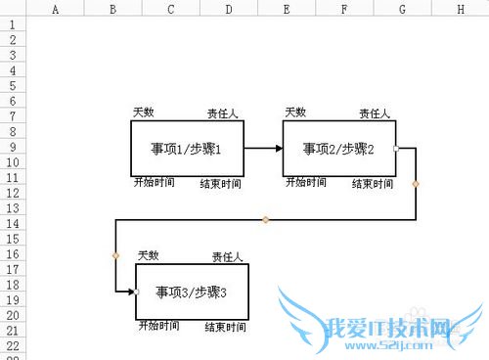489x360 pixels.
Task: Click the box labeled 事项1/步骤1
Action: coord(187,149)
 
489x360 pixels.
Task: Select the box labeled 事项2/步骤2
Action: coord(338,149)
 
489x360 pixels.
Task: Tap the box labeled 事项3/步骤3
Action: coord(192,292)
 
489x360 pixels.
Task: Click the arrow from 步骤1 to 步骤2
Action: coord(263,149)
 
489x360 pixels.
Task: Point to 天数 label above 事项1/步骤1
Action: coord(144,112)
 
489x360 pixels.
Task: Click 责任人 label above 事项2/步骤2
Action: coord(375,113)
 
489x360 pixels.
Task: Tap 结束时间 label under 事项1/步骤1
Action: coord(220,184)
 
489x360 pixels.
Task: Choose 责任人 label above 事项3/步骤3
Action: coord(227,257)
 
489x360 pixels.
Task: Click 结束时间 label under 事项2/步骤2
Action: coord(373,184)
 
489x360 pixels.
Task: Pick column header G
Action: coord(403,9)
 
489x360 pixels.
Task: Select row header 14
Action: coord(12,224)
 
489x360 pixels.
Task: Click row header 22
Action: coord(12,345)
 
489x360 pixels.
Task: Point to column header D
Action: coord(228,9)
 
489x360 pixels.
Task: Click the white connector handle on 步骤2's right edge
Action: coord(395,149)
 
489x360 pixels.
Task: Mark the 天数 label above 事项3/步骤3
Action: coord(148,255)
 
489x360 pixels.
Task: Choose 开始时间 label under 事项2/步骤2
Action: coord(305,182)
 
